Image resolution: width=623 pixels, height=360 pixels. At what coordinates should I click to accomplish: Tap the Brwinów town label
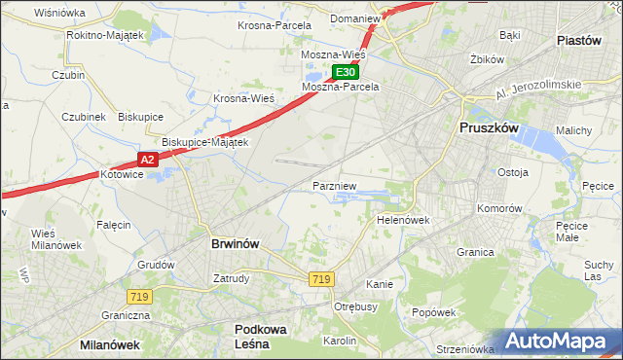click(x=235, y=244)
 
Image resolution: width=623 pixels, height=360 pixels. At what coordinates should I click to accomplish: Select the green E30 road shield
click(x=346, y=72)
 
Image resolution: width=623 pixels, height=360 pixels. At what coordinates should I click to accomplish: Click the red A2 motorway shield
click(x=147, y=159)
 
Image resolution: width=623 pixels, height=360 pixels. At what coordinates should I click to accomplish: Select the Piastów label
click(x=584, y=40)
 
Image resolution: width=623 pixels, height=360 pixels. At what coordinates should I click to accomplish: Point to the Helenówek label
click(x=403, y=220)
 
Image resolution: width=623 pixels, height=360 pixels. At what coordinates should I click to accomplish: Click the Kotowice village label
click(x=122, y=175)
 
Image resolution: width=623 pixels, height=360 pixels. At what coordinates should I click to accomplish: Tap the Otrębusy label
click(x=355, y=306)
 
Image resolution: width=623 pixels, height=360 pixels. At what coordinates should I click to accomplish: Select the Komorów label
click(x=501, y=209)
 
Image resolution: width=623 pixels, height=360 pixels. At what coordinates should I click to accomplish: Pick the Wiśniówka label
click(x=59, y=13)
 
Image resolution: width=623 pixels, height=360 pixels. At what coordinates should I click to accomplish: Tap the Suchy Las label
click(x=599, y=270)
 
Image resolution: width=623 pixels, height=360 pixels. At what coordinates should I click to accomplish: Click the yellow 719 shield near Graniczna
click(x=137, y=295)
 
